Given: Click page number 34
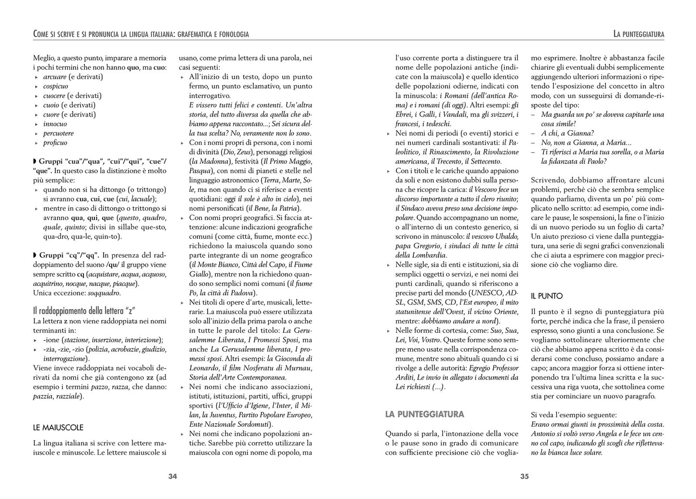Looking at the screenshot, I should coord(173,476).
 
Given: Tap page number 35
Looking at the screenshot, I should coord(525,476).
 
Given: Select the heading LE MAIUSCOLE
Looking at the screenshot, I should coord(58,427).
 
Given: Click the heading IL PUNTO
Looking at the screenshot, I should coord(547,296).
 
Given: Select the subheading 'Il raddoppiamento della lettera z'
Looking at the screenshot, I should coord(80,311).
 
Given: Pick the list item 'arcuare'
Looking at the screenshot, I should coord(54,77).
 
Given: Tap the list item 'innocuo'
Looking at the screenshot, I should coord(55,124).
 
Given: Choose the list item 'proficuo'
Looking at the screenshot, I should coord(55,143).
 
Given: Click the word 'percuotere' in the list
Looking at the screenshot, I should coord(58,133).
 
